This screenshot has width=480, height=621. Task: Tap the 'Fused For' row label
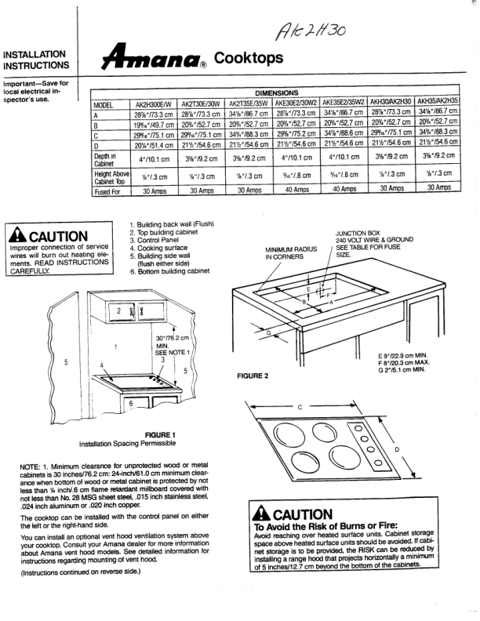point(110,189)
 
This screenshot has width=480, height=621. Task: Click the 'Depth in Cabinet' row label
point(107,160)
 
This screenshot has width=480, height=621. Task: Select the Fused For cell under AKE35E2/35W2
point(345,189)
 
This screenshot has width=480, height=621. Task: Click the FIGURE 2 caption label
point(250,376)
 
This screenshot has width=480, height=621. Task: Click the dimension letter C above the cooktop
point(300,406)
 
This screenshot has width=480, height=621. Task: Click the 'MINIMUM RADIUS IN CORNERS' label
point(291,252)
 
